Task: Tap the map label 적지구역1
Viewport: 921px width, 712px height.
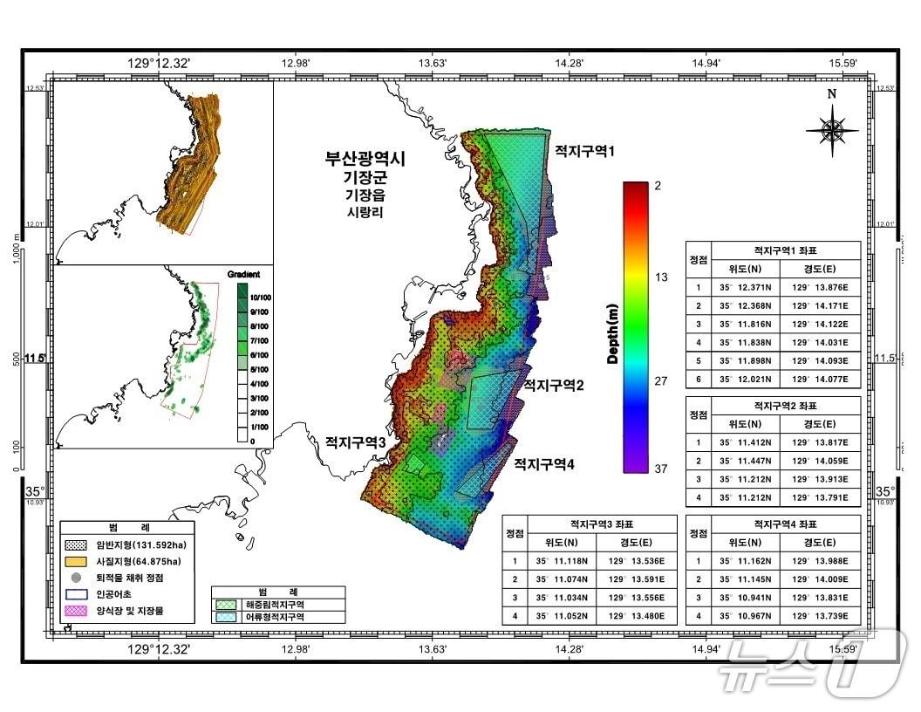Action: coord(585,151)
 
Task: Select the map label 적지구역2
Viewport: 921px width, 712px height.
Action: coord(553,385)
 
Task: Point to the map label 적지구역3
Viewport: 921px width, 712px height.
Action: coord(356,442)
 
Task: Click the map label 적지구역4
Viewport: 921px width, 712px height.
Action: coord(543,463)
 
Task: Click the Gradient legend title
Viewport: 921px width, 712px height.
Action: coord(245,273)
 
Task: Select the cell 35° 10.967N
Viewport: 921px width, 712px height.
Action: coord(744,616)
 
